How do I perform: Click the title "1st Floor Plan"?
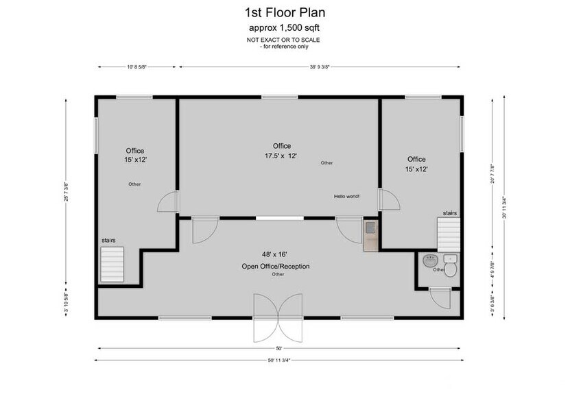(x=285, y=12)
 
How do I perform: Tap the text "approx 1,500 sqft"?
(x=285, y=28)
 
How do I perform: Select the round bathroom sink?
(x=430, y=261)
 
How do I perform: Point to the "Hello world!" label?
(x=346, y=197)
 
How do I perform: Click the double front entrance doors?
(x=277, y=318)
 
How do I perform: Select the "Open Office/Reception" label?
(x=276, y=266)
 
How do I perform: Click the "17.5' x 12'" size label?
(x=281, y=156)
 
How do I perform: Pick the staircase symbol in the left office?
(x=112, y=264)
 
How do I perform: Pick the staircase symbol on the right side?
(x=450, y=235)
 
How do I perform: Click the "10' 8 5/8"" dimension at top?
(x=136, y=67)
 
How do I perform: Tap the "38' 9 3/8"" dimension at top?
(x=320, y=67)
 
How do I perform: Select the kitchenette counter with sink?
(x=370, y=234)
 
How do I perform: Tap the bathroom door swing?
(x=437, y=298)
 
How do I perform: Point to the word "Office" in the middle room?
(x=281, y=146)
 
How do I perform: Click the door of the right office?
(x=389, y=200)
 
